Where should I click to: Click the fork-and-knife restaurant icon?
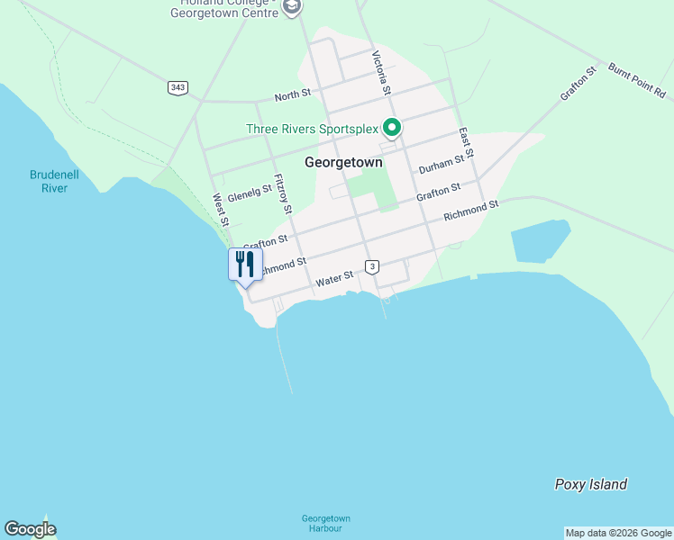coord(245,265)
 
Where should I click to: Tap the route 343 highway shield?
coord(178,87)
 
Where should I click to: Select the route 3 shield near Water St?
coord(372,265)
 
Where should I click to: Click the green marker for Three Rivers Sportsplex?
coord(391,128)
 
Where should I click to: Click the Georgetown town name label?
coord(343,163)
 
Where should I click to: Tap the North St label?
coord(292,95)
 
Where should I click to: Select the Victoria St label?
coord(381,72)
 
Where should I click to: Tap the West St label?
coord(220,210)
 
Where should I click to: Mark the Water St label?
coord(333,281)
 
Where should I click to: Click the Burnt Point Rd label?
coord(636,81)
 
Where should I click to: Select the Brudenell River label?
coord(55,181)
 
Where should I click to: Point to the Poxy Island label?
coord(590,484)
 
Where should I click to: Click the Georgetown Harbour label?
coord(325,523)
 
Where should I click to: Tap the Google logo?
coord(30,529)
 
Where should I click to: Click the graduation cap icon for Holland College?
coord(291,7)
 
